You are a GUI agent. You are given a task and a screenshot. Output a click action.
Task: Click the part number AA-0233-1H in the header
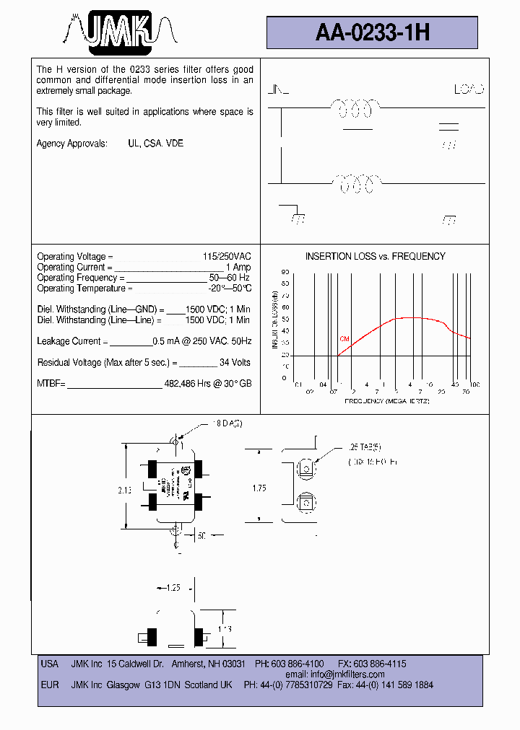373,32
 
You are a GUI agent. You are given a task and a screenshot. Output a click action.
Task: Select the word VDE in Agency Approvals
175,144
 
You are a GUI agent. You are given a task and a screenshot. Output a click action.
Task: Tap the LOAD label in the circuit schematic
469,90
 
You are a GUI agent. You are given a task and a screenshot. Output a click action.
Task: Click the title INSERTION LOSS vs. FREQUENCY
375,257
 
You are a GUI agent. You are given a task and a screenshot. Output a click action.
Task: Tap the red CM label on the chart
344,338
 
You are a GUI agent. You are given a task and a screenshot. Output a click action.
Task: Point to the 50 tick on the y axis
285,319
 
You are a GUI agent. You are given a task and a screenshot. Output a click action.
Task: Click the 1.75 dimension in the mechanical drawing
260,488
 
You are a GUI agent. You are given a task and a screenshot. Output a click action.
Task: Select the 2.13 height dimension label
124,490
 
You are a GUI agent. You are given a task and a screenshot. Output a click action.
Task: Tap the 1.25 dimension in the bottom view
172,588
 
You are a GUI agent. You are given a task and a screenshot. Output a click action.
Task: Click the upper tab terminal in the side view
306,468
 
